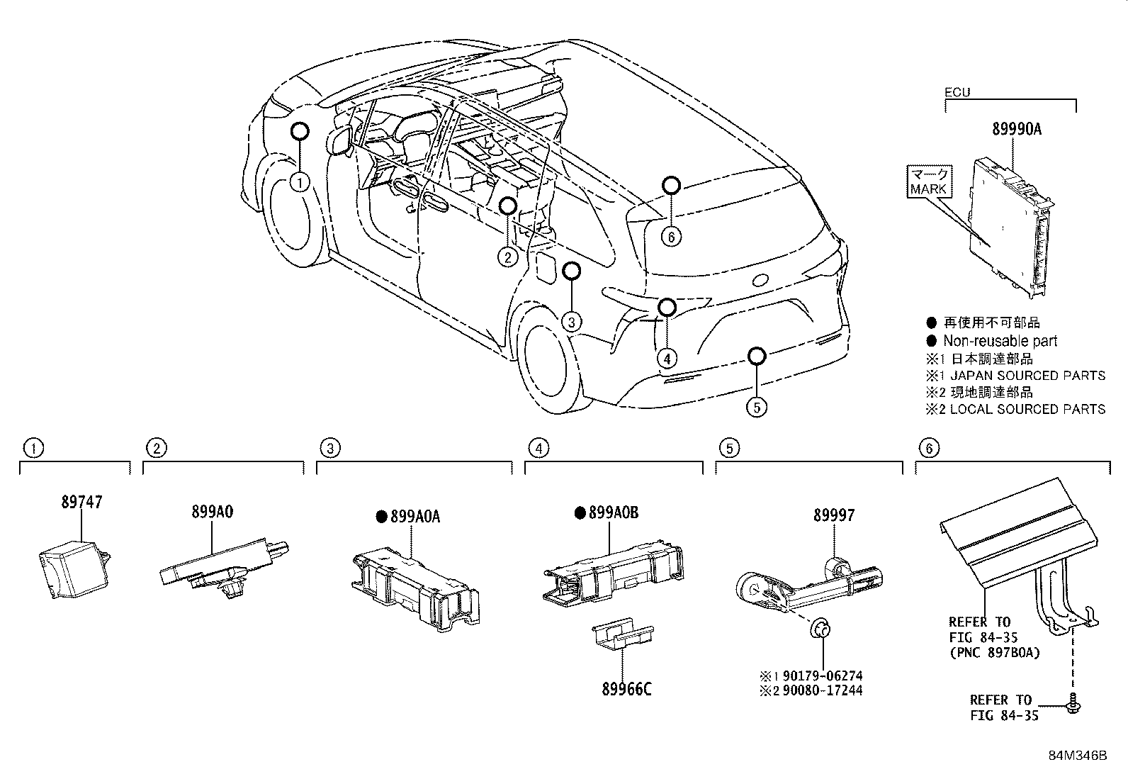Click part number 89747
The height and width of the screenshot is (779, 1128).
pos(81,503)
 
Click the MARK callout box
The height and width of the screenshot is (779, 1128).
pos(929,182)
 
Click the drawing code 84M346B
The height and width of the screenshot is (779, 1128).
pos(1078,756)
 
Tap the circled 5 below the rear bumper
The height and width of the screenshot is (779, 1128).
pos(757,407)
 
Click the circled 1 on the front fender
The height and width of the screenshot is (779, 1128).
pos(300,183)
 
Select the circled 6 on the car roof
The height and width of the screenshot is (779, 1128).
pos(671,236)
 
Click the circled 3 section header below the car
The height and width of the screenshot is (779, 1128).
pos(329,448)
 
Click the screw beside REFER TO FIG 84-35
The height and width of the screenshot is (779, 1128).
pos(1073,702)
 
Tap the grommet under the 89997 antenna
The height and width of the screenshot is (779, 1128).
pos(822,628)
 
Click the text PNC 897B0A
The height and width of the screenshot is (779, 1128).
pos(995,652)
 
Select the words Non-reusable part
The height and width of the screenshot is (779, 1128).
pos(1000,341)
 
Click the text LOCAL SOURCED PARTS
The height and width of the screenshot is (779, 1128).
pos(1027,409)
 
